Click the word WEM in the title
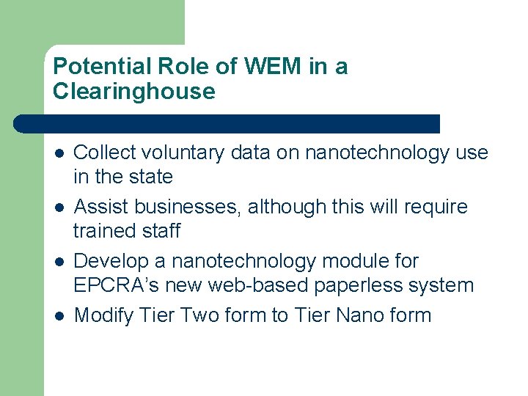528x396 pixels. pos(273,67)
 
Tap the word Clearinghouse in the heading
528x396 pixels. pos(134,92)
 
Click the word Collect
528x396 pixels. pos(106,153)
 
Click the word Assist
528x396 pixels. pos(100,207)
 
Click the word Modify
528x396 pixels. pos(103,315)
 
